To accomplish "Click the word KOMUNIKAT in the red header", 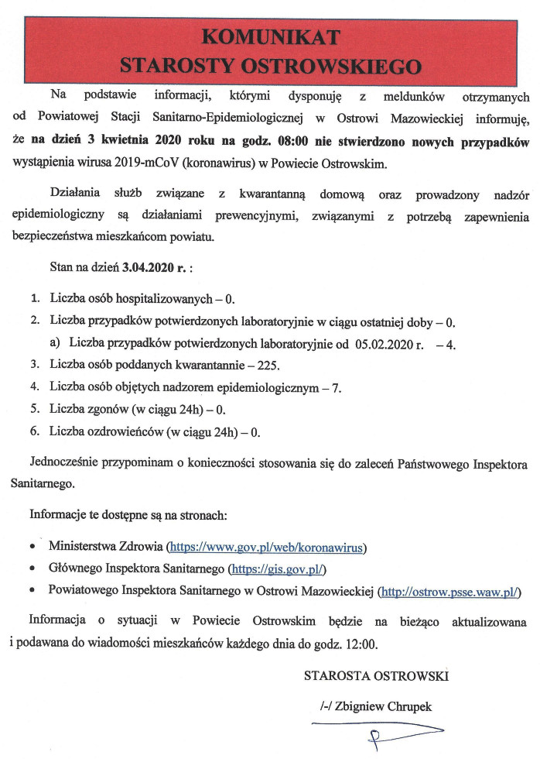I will point(270,36).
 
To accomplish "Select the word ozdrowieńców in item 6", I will point(148,430).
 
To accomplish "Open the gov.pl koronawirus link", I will point(267,548).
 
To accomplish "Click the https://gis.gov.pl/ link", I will point(277,570).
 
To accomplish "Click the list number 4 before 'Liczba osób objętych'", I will point(35,386).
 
